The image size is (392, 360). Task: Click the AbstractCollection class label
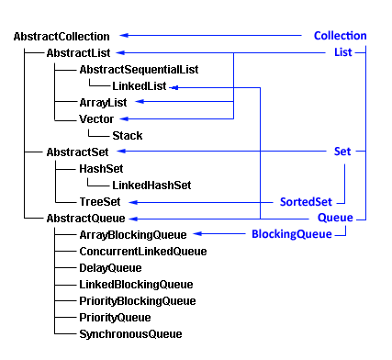click(x=62, y=36)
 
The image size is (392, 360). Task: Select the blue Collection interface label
click(x=340, y=36)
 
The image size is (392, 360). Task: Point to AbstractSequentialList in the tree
click(x=139, y=70)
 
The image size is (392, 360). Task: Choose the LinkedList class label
click(x=133, y=86)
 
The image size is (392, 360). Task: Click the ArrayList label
click(x=104, y=103)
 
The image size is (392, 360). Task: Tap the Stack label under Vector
click(x=127, y=135)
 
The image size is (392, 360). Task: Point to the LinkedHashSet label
click(x=151, y=185)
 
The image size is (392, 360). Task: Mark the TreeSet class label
click(x=101, y=201)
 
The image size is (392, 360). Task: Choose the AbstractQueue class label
click(x=85, y=219)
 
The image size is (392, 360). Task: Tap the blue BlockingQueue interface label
click(x=292, y=235)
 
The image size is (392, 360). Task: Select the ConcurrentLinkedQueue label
click(x=142, y=251)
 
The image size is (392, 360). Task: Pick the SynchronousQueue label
click(x=130, y=333)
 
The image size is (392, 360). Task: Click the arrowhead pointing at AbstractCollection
click(x=121, y=36)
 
